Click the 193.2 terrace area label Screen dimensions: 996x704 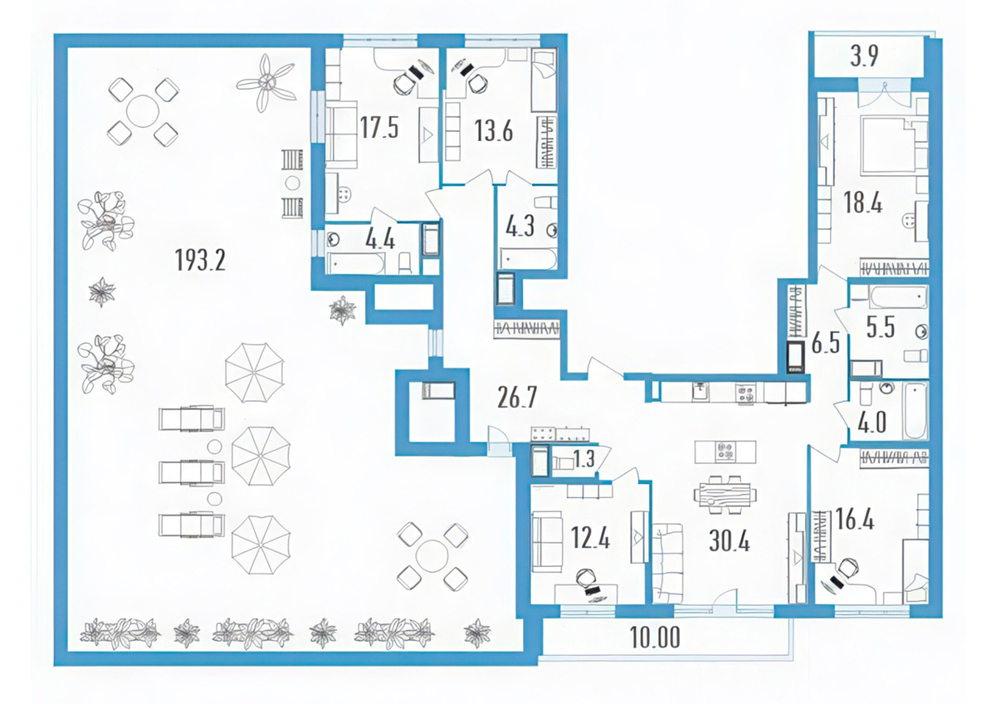tap(200, 260)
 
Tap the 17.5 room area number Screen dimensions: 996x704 tap(378, 128)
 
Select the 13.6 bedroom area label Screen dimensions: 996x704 tap(494, 130)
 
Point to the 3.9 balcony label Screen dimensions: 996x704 tap(864, 56)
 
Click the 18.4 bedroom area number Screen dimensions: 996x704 tap(863, 203)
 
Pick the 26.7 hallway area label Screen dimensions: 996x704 tap(517, 398)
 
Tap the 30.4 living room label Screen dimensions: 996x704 tap(730, 541)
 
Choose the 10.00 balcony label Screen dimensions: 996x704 tap(655, 638)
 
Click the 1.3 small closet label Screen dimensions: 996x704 tap(583, 459)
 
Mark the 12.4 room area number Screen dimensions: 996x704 tap(590, 539)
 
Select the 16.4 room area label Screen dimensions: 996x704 tap(855, 519)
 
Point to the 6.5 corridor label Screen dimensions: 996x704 tap(825, 345)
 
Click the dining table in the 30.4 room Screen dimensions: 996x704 tap(725, 495)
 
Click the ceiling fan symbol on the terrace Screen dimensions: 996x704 tap(266, 83)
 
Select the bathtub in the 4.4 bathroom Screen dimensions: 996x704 tap(355, 263)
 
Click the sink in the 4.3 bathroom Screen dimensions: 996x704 tap(552, 230)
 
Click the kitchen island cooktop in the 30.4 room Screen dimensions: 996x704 tap(725, 452)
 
